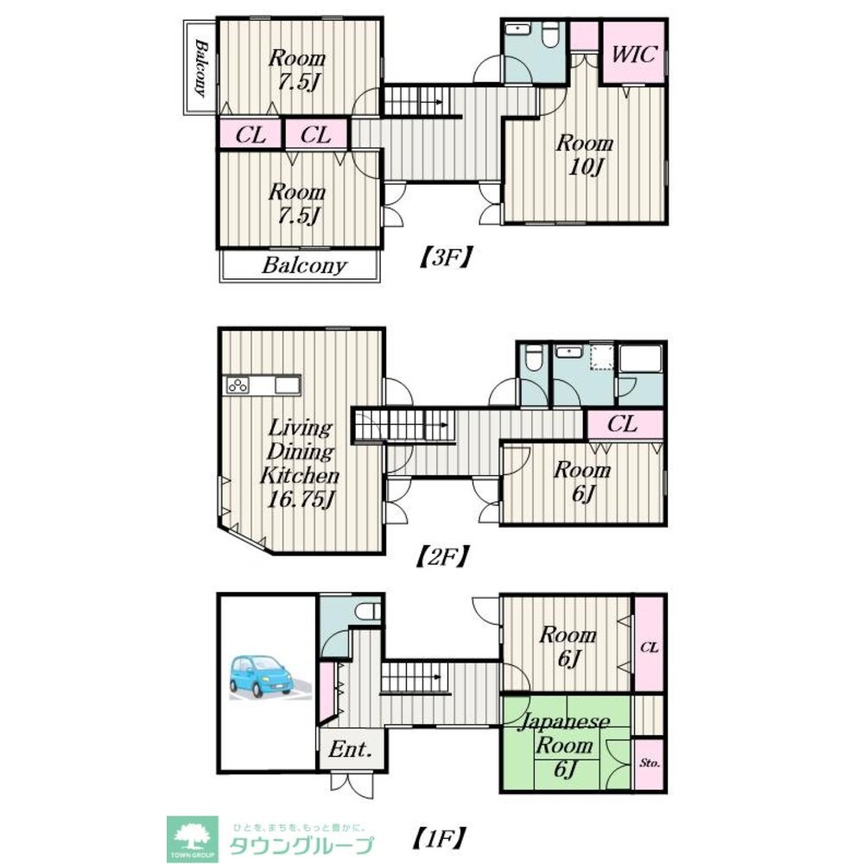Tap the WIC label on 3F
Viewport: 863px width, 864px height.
634,54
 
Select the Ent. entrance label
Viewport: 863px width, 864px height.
351,749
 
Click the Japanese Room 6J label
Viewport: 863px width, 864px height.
564,746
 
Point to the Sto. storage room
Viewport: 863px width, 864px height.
649,764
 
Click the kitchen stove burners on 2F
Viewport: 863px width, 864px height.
238,385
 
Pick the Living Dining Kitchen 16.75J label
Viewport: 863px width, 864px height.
299,463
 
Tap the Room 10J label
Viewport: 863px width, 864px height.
585,155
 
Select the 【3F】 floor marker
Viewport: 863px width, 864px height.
444,257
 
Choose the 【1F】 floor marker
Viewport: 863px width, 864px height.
439,839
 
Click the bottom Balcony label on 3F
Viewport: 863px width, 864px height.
304,265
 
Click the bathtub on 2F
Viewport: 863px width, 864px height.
640,359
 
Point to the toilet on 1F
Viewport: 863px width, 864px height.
368,611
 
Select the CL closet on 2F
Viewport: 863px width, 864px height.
624,424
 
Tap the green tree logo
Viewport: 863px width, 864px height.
193,839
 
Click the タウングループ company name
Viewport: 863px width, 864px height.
301,845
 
